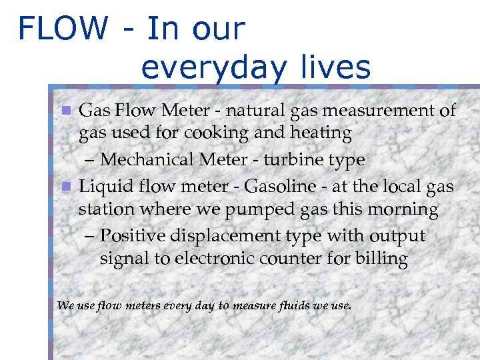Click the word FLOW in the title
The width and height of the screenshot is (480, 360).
tap(63, 28)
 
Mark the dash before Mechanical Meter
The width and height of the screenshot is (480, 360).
tap(92, 161)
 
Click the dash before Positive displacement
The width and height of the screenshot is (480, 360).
tap(92, 237)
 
